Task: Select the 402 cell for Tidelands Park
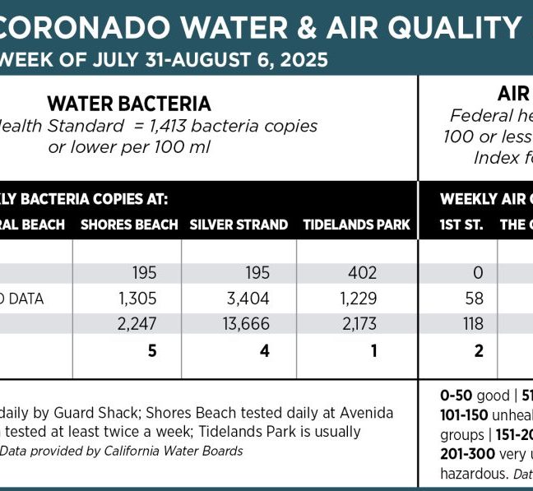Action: [x=362, y=273]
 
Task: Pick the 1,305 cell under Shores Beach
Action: [x=137, y=299]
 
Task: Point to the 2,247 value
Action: [x=137, y=324]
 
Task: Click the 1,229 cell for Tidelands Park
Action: [x=358, y=299]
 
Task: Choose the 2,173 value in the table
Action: [x=358, y=324]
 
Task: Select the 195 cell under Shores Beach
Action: [x=144, y=273]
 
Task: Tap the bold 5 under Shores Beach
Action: [x=151, y=350]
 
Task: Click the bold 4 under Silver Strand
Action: [x=264, y=350]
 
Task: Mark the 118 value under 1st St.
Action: [x=473, y=324]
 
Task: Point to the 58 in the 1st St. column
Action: [x=474, y=299]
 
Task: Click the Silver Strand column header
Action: [x=239, y=225]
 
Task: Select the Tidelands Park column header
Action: [x=356, y=225]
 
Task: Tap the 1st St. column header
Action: [x=461, y=225]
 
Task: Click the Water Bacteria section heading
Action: [x=129, y=104]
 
